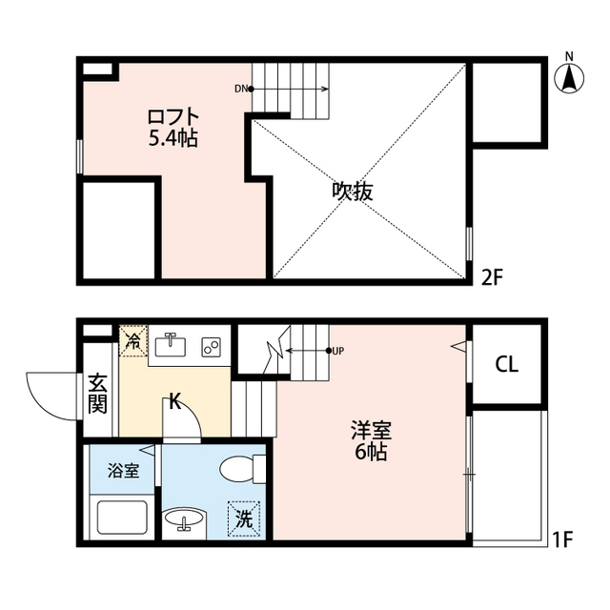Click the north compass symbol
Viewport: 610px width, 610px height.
click(569, 75)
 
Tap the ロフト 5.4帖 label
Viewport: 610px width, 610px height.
click(173, 127)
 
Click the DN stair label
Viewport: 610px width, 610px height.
click(240, 90)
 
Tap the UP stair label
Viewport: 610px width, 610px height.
click(337, 351)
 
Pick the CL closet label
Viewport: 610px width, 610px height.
click(506, 365)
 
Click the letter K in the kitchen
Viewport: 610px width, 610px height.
click(174, 401)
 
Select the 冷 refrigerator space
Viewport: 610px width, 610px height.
click(132, 341)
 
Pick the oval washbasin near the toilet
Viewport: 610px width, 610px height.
click(183, 521)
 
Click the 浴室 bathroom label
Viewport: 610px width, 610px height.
click(122, 470)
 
